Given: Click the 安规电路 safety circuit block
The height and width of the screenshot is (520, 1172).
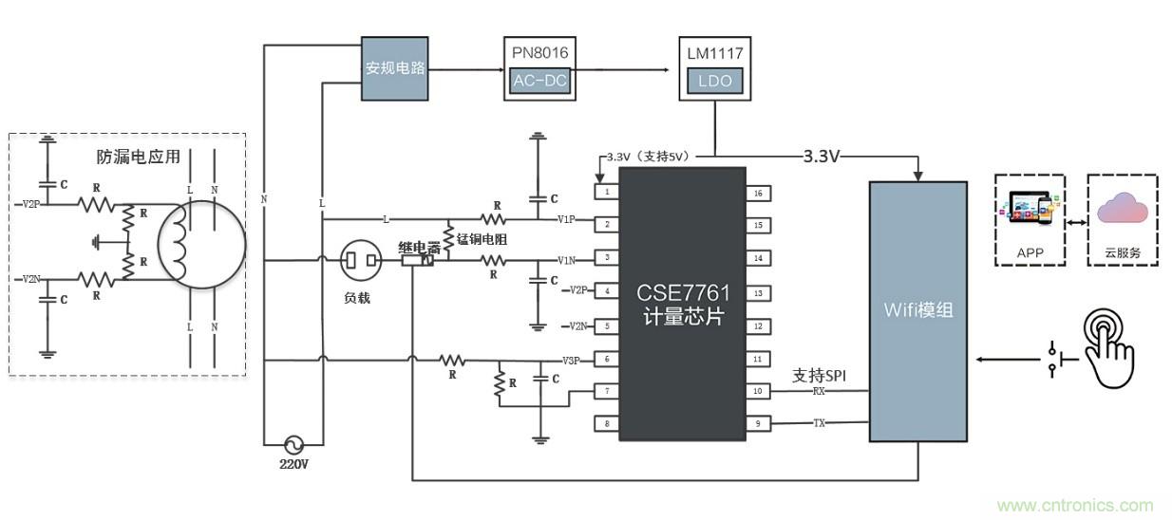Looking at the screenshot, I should click(395, 68).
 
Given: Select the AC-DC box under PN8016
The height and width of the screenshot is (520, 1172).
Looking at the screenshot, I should click(539, 81).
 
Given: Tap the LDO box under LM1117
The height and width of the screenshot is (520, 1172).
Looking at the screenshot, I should click(714, 81).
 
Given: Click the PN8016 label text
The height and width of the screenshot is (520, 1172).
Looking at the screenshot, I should click(539, 53).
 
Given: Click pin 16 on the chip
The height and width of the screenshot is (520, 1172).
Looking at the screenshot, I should click(758, 193).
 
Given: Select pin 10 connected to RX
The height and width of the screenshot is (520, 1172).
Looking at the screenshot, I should click(758, 391).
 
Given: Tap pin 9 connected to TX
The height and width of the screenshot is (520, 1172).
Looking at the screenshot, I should click(758, 423).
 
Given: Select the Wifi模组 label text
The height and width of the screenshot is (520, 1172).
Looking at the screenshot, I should click(917, 309).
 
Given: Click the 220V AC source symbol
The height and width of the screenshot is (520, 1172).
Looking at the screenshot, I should click(294, 444).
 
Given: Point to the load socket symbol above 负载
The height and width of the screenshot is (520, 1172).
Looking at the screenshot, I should click(361, 260).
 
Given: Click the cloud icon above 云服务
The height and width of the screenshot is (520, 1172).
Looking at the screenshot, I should click(1122, 210).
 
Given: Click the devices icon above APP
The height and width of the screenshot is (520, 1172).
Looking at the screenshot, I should click(1030, 210).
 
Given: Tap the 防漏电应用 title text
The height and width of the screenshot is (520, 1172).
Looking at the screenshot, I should click(139, 157).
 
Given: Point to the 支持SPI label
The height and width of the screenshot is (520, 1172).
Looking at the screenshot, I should click(820, 375).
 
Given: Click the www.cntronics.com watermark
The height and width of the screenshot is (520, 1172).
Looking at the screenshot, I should click(1074, 506).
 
